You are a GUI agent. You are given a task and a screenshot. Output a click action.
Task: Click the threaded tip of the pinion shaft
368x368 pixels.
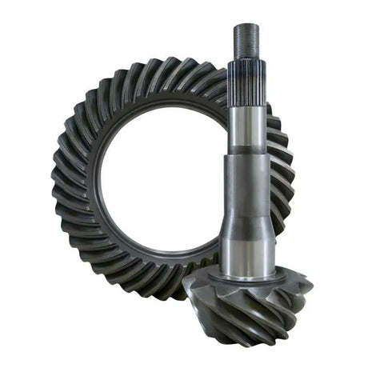244,37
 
